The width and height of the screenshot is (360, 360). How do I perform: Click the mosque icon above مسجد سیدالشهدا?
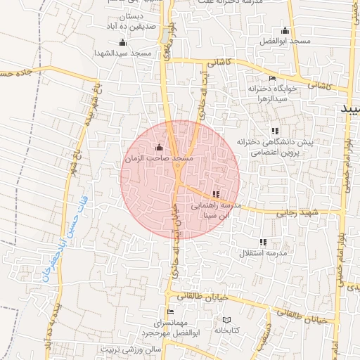point(123,42)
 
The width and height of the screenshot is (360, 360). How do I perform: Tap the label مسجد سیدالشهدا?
point(124,53)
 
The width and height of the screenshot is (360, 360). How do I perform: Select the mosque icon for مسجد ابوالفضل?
point(285,30)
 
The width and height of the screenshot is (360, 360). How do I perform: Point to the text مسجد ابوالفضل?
point(285,41)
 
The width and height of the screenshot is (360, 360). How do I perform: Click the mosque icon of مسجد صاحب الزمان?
point(158,148)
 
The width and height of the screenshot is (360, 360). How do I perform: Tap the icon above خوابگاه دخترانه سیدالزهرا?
point(272,78)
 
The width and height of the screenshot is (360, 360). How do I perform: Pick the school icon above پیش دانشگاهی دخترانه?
point(274,131)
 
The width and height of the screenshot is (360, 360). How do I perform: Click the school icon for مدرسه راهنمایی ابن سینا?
point(215,194)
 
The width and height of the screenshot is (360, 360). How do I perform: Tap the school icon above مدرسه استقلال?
point(263,241)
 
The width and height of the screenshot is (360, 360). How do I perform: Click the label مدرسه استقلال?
point(264,252)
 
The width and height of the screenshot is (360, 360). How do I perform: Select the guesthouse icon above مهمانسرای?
point(169,311)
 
